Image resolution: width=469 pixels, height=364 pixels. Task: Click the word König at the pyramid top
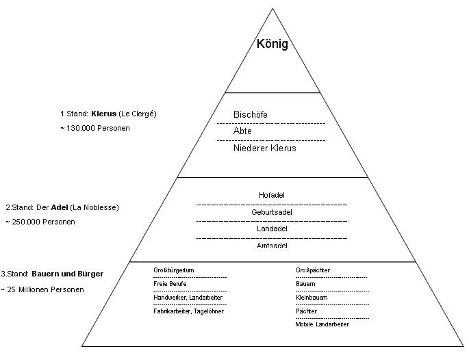272,45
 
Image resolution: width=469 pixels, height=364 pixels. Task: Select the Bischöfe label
250,115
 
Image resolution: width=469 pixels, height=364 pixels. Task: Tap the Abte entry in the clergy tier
242,131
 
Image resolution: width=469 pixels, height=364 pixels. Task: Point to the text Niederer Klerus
264,148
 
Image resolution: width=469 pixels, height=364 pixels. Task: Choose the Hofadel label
272,195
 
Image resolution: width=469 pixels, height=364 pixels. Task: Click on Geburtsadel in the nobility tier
272,212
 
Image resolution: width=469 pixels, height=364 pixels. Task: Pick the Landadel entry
272,229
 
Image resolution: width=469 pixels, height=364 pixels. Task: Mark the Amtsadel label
272,245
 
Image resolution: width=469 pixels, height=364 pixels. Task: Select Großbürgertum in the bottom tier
174,270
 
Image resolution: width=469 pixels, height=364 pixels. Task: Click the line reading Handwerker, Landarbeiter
188,298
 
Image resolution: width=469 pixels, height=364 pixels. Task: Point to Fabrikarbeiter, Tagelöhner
188,311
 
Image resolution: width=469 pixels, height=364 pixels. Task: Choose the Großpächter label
313,270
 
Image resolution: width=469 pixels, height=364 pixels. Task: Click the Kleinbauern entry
312,298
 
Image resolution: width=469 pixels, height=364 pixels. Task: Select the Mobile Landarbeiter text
322,324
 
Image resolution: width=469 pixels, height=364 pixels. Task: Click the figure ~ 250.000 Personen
40,222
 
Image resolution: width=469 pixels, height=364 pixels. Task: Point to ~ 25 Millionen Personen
42,289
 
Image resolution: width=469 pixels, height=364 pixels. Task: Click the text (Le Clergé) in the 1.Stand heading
138,114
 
